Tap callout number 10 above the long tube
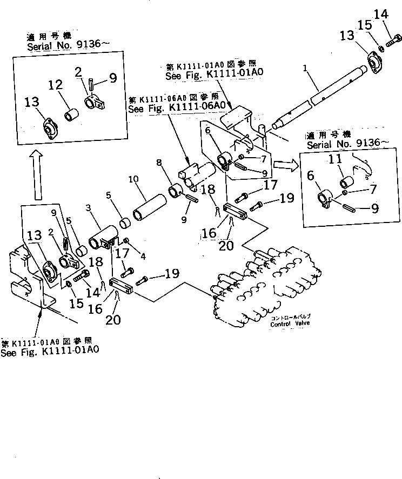click(133, 179)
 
